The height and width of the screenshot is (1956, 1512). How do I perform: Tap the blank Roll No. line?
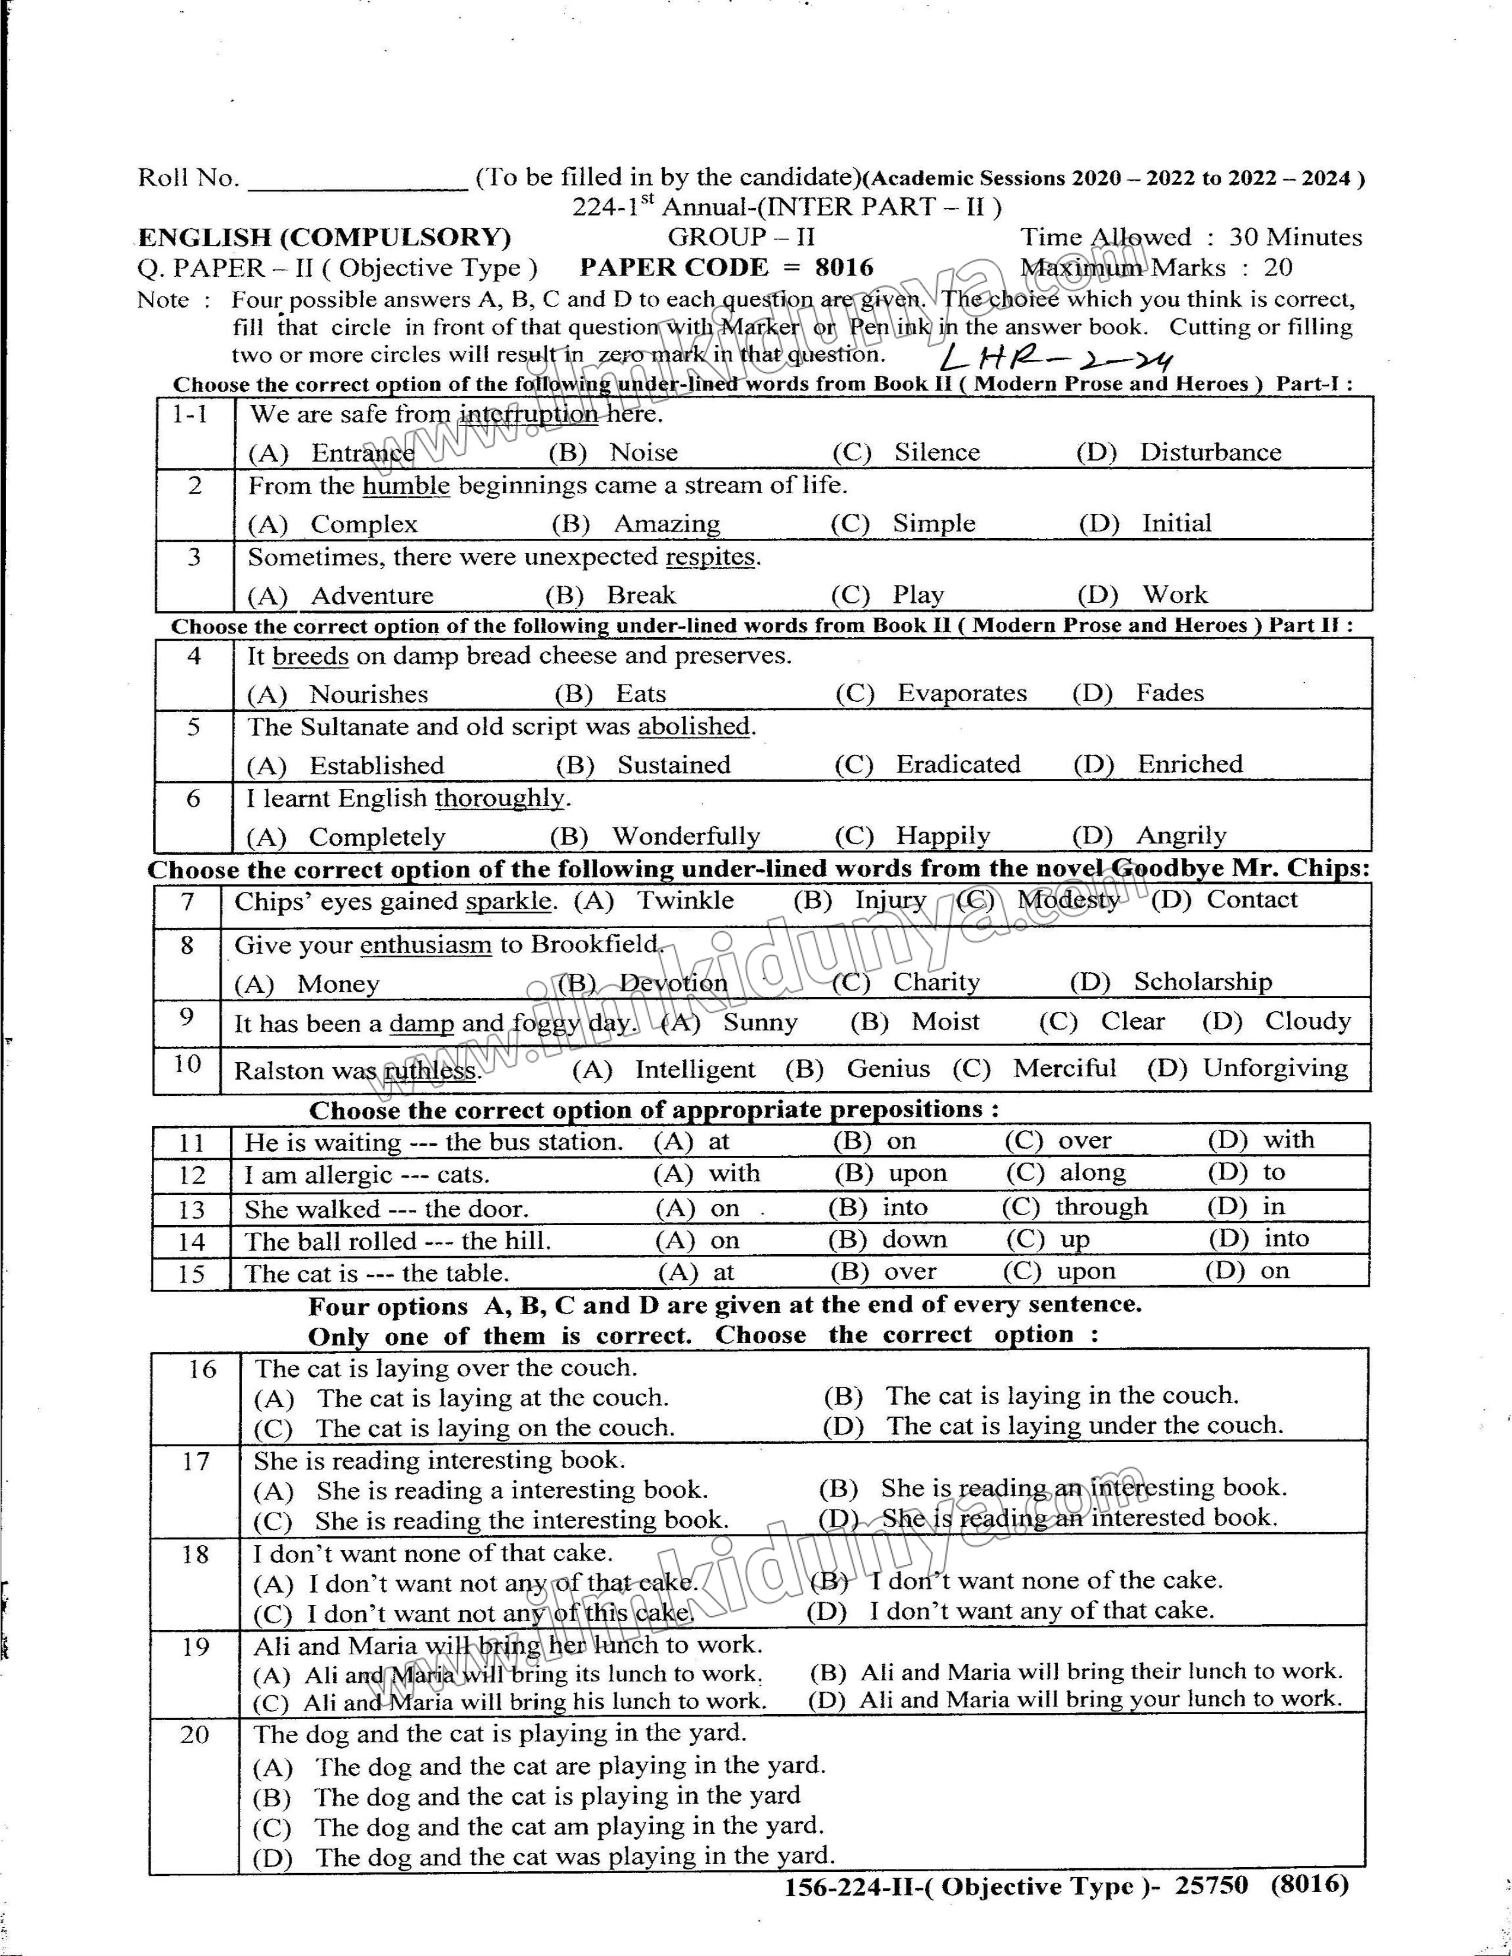coord(356,182)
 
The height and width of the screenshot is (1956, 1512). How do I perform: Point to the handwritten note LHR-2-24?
coord(1057,359)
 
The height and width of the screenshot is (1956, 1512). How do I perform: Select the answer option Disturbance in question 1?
coord(1209,452)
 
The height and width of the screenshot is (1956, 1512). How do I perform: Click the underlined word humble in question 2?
coord(406,486)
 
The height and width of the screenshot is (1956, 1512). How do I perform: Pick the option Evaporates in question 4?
coord(961,694)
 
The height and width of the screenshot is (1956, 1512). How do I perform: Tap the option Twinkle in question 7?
coord(685,901)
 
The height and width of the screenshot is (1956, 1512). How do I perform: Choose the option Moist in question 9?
coord(945,1022)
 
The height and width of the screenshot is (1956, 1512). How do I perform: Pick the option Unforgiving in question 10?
coord(1275,1069)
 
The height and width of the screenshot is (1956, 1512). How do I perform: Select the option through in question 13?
coord(1101,1207)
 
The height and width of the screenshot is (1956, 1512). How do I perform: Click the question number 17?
coord(195,1462)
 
